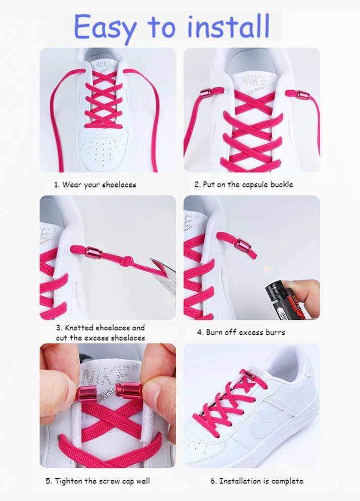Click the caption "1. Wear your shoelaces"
[x=95, y=185]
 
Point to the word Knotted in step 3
[x=79, y=327]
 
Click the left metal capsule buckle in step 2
[x=205, y=92]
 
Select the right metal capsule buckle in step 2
[x=302, y=95]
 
